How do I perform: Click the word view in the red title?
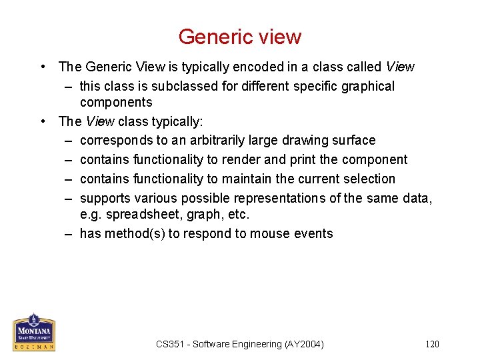[279, 37]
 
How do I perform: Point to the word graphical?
[367, 86]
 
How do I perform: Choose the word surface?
[354, 141]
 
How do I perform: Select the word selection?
[370, 179]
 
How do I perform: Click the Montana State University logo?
[34, 332]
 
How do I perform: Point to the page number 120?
[432, 344]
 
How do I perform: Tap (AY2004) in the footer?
[303, 344]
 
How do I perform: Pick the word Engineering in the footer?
[257, 344]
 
